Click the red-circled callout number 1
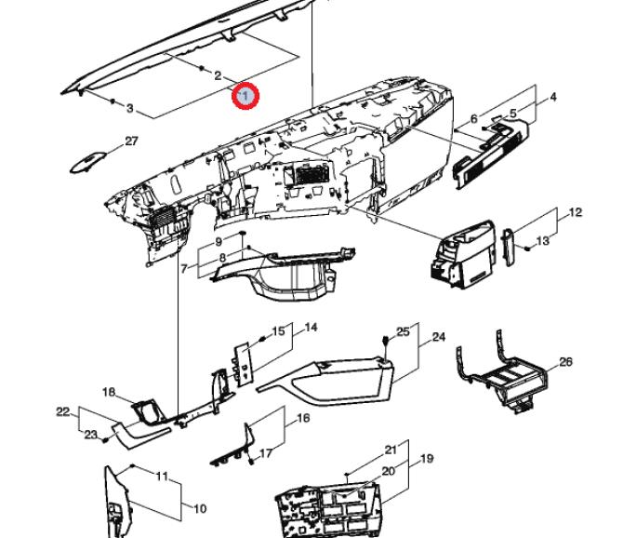(245, 96)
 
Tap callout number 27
(131, 141)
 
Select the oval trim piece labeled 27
(88, 162)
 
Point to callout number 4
(553, 97)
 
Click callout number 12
(575, 212)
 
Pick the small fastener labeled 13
(527, 249)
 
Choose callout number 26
(565, 362)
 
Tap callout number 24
(439, 337)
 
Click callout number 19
(427, 459)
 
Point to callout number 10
(200, 508)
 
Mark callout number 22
(63, 412)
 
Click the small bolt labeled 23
(105, 439)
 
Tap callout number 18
(109, 392)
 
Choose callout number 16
(303, 418)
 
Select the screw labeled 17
(251, 462)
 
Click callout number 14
(311, 328)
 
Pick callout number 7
(183, 269)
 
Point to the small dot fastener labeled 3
(113, 101)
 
